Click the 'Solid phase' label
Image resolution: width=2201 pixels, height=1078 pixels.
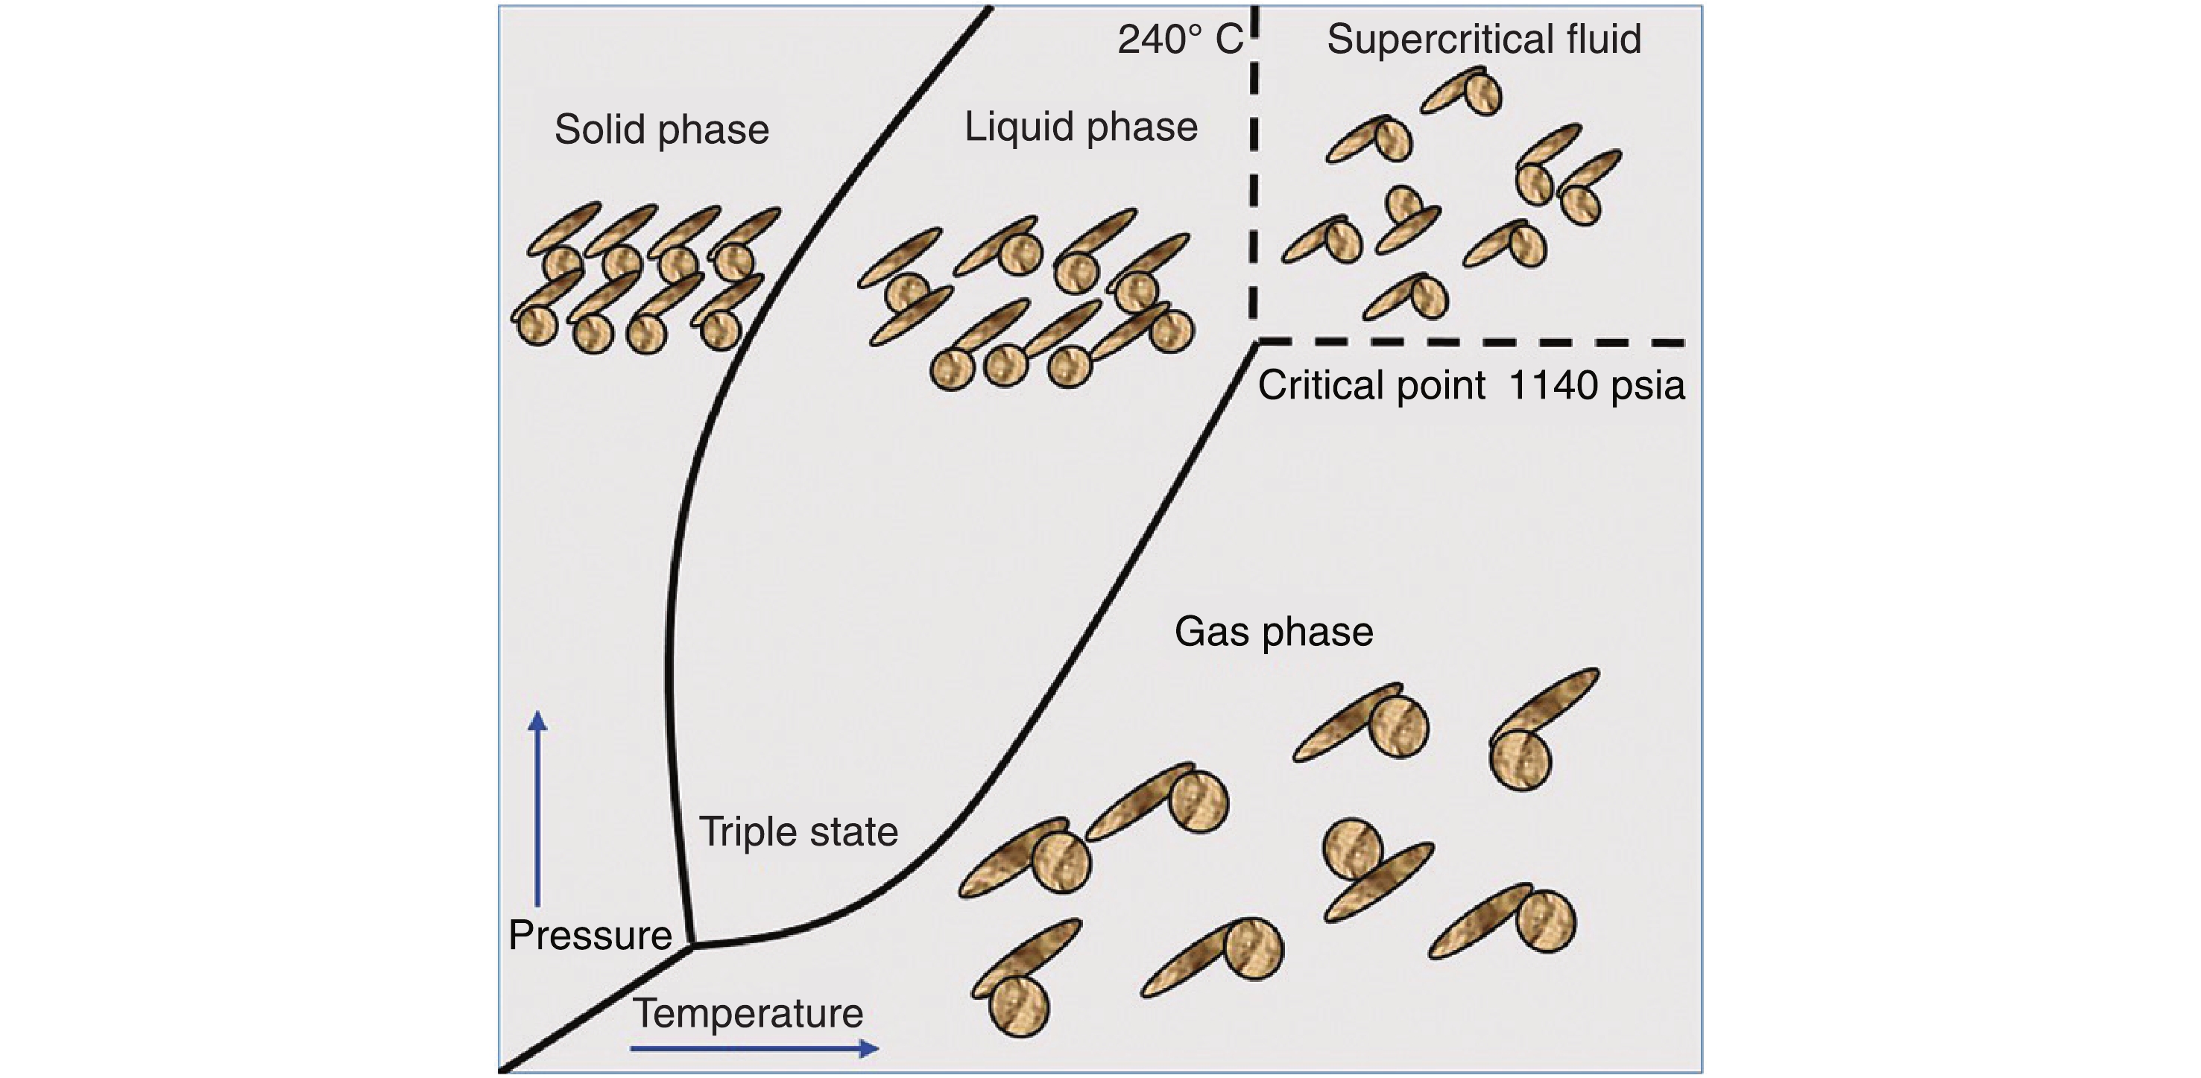661,130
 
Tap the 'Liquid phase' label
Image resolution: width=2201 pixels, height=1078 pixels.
1081,127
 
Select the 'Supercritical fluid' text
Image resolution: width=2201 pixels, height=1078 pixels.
1484,39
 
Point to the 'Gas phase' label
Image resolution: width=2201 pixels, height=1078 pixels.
1274,632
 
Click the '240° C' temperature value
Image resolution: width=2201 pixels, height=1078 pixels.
1180,39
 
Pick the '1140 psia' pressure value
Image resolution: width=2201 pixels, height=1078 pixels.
1596,385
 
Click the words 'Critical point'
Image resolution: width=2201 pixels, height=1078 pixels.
1371,385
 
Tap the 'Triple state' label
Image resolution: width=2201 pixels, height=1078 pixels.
798,831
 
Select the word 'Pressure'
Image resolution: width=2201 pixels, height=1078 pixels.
590,936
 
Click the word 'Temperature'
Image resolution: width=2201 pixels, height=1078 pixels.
748,1014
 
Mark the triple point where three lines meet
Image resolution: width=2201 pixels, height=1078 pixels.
692,945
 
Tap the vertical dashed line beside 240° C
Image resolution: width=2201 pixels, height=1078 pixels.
1254,171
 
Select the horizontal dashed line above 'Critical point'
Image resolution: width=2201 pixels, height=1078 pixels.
1470,343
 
